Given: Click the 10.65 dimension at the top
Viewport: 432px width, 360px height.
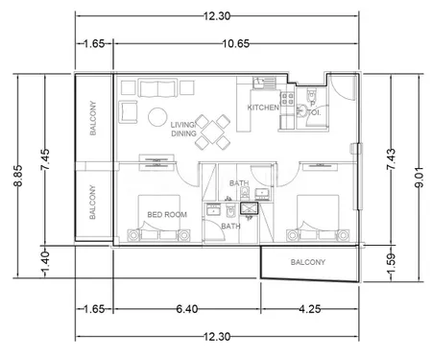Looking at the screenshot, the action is (236, 43).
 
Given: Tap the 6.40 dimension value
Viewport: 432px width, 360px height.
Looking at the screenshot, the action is (187, 309).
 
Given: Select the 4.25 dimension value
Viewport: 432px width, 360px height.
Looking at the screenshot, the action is (310, 309).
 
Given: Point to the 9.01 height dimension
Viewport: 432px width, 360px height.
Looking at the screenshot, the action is (419, 177).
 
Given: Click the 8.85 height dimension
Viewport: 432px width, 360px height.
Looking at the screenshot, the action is (18, 176).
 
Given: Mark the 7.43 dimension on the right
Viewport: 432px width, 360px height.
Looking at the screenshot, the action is (391, 159).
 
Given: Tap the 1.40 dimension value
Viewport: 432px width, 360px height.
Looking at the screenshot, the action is (45, 264).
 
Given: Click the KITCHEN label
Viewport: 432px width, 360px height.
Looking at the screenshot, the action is (263, 108).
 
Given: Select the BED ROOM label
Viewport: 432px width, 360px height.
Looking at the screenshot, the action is (167, 214).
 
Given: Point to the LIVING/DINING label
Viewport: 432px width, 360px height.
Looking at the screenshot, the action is (183, 130).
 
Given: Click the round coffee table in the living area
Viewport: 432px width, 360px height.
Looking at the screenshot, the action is (157, 117).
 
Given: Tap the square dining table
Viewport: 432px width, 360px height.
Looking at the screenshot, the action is (213, 132).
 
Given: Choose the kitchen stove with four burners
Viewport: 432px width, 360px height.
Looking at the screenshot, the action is (287, 98).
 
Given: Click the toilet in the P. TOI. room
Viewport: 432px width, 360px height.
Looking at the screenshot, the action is (311, 93).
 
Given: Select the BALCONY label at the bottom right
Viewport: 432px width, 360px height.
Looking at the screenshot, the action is (308, 262).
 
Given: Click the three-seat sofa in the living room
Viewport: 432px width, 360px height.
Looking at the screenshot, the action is (158, 88).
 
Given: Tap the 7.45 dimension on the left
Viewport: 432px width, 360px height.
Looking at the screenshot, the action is (45, 159).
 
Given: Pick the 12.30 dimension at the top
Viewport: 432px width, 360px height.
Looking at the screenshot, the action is (217, 16).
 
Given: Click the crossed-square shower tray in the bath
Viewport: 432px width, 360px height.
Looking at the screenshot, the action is (250, 208).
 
